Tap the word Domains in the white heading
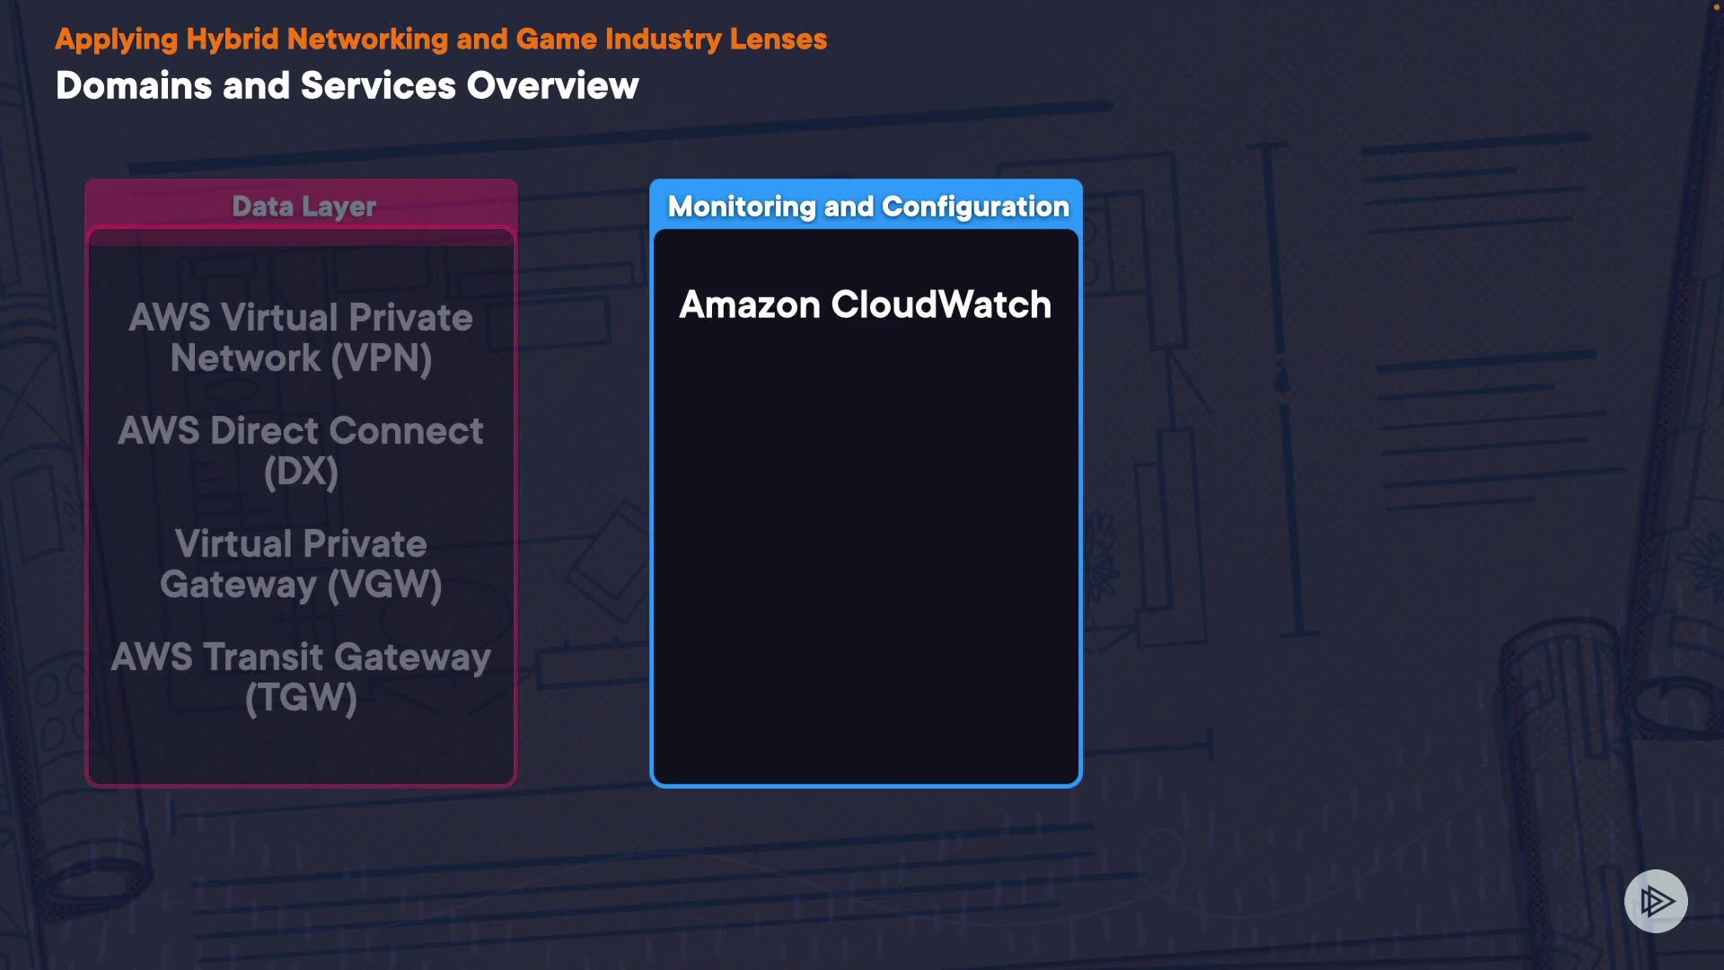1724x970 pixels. pyautogui.click(x=134, y=86)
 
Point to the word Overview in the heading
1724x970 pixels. pyautogui.click(x=552, y=86)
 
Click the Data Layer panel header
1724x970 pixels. pyautogui.click(x=303, y=207)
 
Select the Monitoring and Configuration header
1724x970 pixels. pyautogui.click(x=867, y=207)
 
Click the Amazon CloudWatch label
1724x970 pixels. pyautogui.click(x=865, y=304)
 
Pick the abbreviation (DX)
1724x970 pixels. pyautogui.click(x=301, y=472)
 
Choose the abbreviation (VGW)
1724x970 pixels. pyautogui.click(x=384, y=585)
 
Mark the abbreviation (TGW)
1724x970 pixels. pyautogui.click(x=301, y=698)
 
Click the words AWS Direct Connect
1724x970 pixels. pyautogui.click(x=301, y=431)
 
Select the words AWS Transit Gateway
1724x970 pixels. pyautogui.click(x=301, y=657)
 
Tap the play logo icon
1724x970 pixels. pyautogui.click(x=1656, y=901)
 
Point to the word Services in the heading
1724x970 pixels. pyautogui.click(x=378, y=86)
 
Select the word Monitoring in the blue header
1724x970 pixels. pyautogui.click(x=742, y=207)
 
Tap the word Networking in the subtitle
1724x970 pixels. pyautogui.click(x=367, y=40)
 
